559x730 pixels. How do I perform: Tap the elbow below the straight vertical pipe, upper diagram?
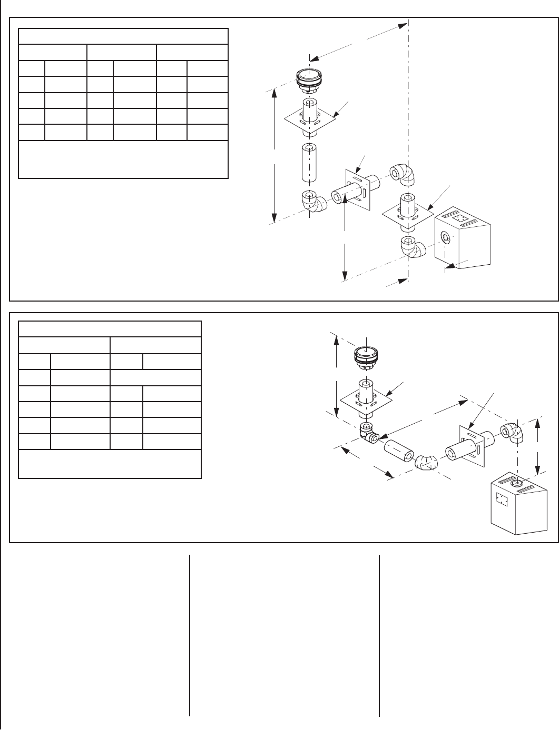(312, 201)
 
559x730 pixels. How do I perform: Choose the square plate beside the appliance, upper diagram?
(407, 214)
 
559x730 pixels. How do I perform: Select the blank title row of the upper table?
(123, 37)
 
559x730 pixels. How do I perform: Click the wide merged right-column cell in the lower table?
(155, 377)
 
